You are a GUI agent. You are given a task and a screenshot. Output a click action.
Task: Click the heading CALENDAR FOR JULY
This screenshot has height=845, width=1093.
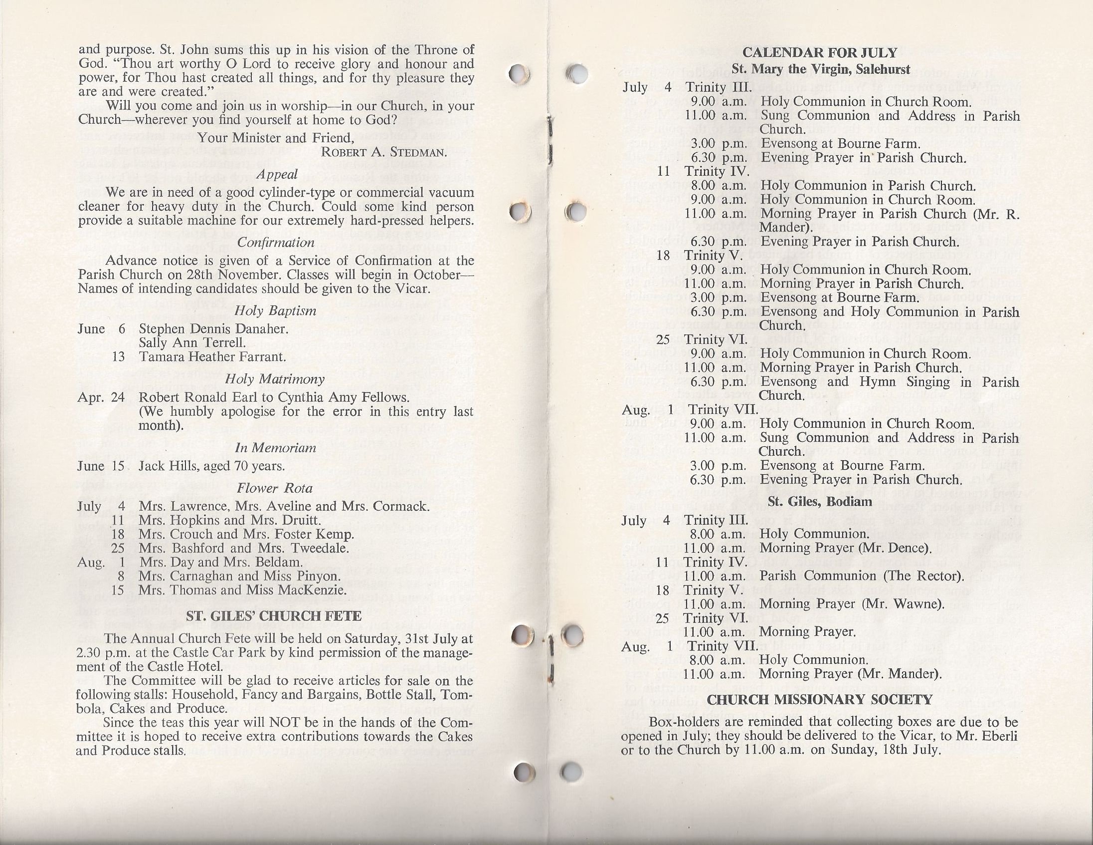[820, 52]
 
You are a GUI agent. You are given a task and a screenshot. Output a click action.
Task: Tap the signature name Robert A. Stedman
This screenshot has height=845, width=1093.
[384, 152]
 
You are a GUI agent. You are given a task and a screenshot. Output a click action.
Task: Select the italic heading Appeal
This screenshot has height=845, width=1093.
[276, 174]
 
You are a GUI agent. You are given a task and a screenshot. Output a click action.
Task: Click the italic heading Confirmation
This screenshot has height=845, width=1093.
[276, 243]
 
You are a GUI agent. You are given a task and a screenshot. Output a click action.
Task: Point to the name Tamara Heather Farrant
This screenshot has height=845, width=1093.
[213, 357]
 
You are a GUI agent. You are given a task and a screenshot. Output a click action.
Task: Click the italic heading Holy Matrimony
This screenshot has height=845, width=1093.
[275, 379]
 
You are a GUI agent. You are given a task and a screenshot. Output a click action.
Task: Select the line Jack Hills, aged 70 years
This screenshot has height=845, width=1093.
[212, 466]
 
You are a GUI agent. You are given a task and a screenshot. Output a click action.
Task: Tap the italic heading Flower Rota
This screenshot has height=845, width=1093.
[275, 488]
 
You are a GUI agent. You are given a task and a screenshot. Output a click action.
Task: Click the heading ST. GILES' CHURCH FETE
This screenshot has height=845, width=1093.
[274, 617]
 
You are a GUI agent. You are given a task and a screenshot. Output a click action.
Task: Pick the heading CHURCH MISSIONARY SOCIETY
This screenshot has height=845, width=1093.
[820, 700]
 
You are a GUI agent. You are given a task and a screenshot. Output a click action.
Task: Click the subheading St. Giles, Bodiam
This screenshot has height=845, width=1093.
[820, 502]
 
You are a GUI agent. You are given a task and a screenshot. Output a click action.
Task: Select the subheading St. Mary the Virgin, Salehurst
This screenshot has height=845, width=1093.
[821, 68]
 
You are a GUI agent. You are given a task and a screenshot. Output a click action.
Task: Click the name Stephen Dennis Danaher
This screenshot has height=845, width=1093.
[214, 329]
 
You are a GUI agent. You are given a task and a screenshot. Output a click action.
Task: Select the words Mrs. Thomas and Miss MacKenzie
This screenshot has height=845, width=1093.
[243, 590]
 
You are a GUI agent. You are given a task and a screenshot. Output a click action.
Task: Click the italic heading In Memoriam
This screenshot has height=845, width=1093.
[275, 448]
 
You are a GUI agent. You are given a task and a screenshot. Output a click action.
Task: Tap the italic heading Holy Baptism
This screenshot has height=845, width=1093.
[275, 311]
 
